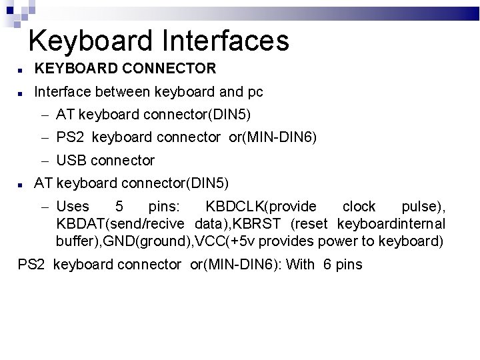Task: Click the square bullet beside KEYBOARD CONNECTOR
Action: click(21, 69)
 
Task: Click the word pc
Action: click(254, 91)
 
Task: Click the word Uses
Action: click(73, 206)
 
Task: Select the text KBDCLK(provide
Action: click(261, 206)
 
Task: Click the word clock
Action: click(359, 206)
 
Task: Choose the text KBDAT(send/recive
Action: click(119, 223)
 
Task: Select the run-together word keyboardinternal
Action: click(391, 223)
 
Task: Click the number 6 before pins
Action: click(327, 265)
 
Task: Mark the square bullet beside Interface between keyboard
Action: click(21, 92)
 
